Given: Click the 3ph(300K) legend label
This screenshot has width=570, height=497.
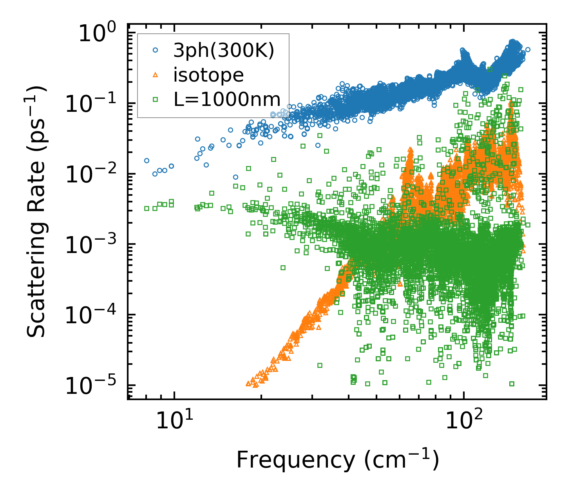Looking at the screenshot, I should (224, 51).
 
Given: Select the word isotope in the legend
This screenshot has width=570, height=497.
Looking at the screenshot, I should (208, 75).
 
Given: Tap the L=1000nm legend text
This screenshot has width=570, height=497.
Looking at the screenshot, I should (227, 100).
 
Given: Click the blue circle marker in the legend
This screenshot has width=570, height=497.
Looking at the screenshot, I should (156, 50).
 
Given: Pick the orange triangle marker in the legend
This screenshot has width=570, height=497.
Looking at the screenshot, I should (156, 75).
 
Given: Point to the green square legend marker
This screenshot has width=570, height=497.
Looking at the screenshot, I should (156, 100).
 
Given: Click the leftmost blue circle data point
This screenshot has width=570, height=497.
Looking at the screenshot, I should (147, 160).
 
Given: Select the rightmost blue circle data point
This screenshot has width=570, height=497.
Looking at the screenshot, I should (528, 49).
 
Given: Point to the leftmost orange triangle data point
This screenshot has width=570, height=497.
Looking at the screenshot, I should (248, 383).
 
